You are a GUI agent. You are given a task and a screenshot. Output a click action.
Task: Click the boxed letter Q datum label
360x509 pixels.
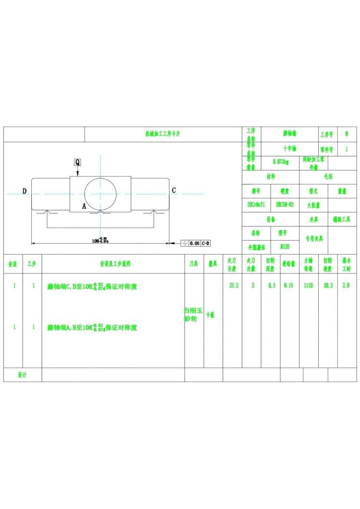point(78,162)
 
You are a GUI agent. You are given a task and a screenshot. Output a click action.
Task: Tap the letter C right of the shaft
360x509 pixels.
point(174,190)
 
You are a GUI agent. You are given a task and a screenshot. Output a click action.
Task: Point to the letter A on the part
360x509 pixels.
point(84,205)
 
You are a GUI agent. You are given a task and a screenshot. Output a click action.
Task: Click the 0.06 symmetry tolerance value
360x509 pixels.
point(194,243)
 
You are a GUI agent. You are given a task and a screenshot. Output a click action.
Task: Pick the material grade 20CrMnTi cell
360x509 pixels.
point(256,204)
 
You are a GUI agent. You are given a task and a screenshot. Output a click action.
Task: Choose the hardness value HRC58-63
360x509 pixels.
point(284,204)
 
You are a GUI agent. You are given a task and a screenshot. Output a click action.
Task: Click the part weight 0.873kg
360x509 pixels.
point(280,161)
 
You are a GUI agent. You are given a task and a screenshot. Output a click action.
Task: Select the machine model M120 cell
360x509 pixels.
point(285,246)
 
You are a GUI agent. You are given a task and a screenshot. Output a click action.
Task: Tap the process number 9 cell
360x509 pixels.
point(346,134)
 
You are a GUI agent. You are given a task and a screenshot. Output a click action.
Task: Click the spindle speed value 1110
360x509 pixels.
point(309,286)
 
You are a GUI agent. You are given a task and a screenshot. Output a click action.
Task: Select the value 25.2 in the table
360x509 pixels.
point(233,286)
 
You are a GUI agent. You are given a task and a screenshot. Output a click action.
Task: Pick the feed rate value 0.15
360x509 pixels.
point(288,286)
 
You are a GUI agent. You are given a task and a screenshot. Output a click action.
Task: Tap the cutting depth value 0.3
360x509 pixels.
point(271,286)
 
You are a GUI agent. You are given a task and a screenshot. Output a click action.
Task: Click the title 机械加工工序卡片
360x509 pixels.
point(163,134)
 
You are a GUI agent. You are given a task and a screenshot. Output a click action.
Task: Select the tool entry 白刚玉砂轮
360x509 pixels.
point(193,315)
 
